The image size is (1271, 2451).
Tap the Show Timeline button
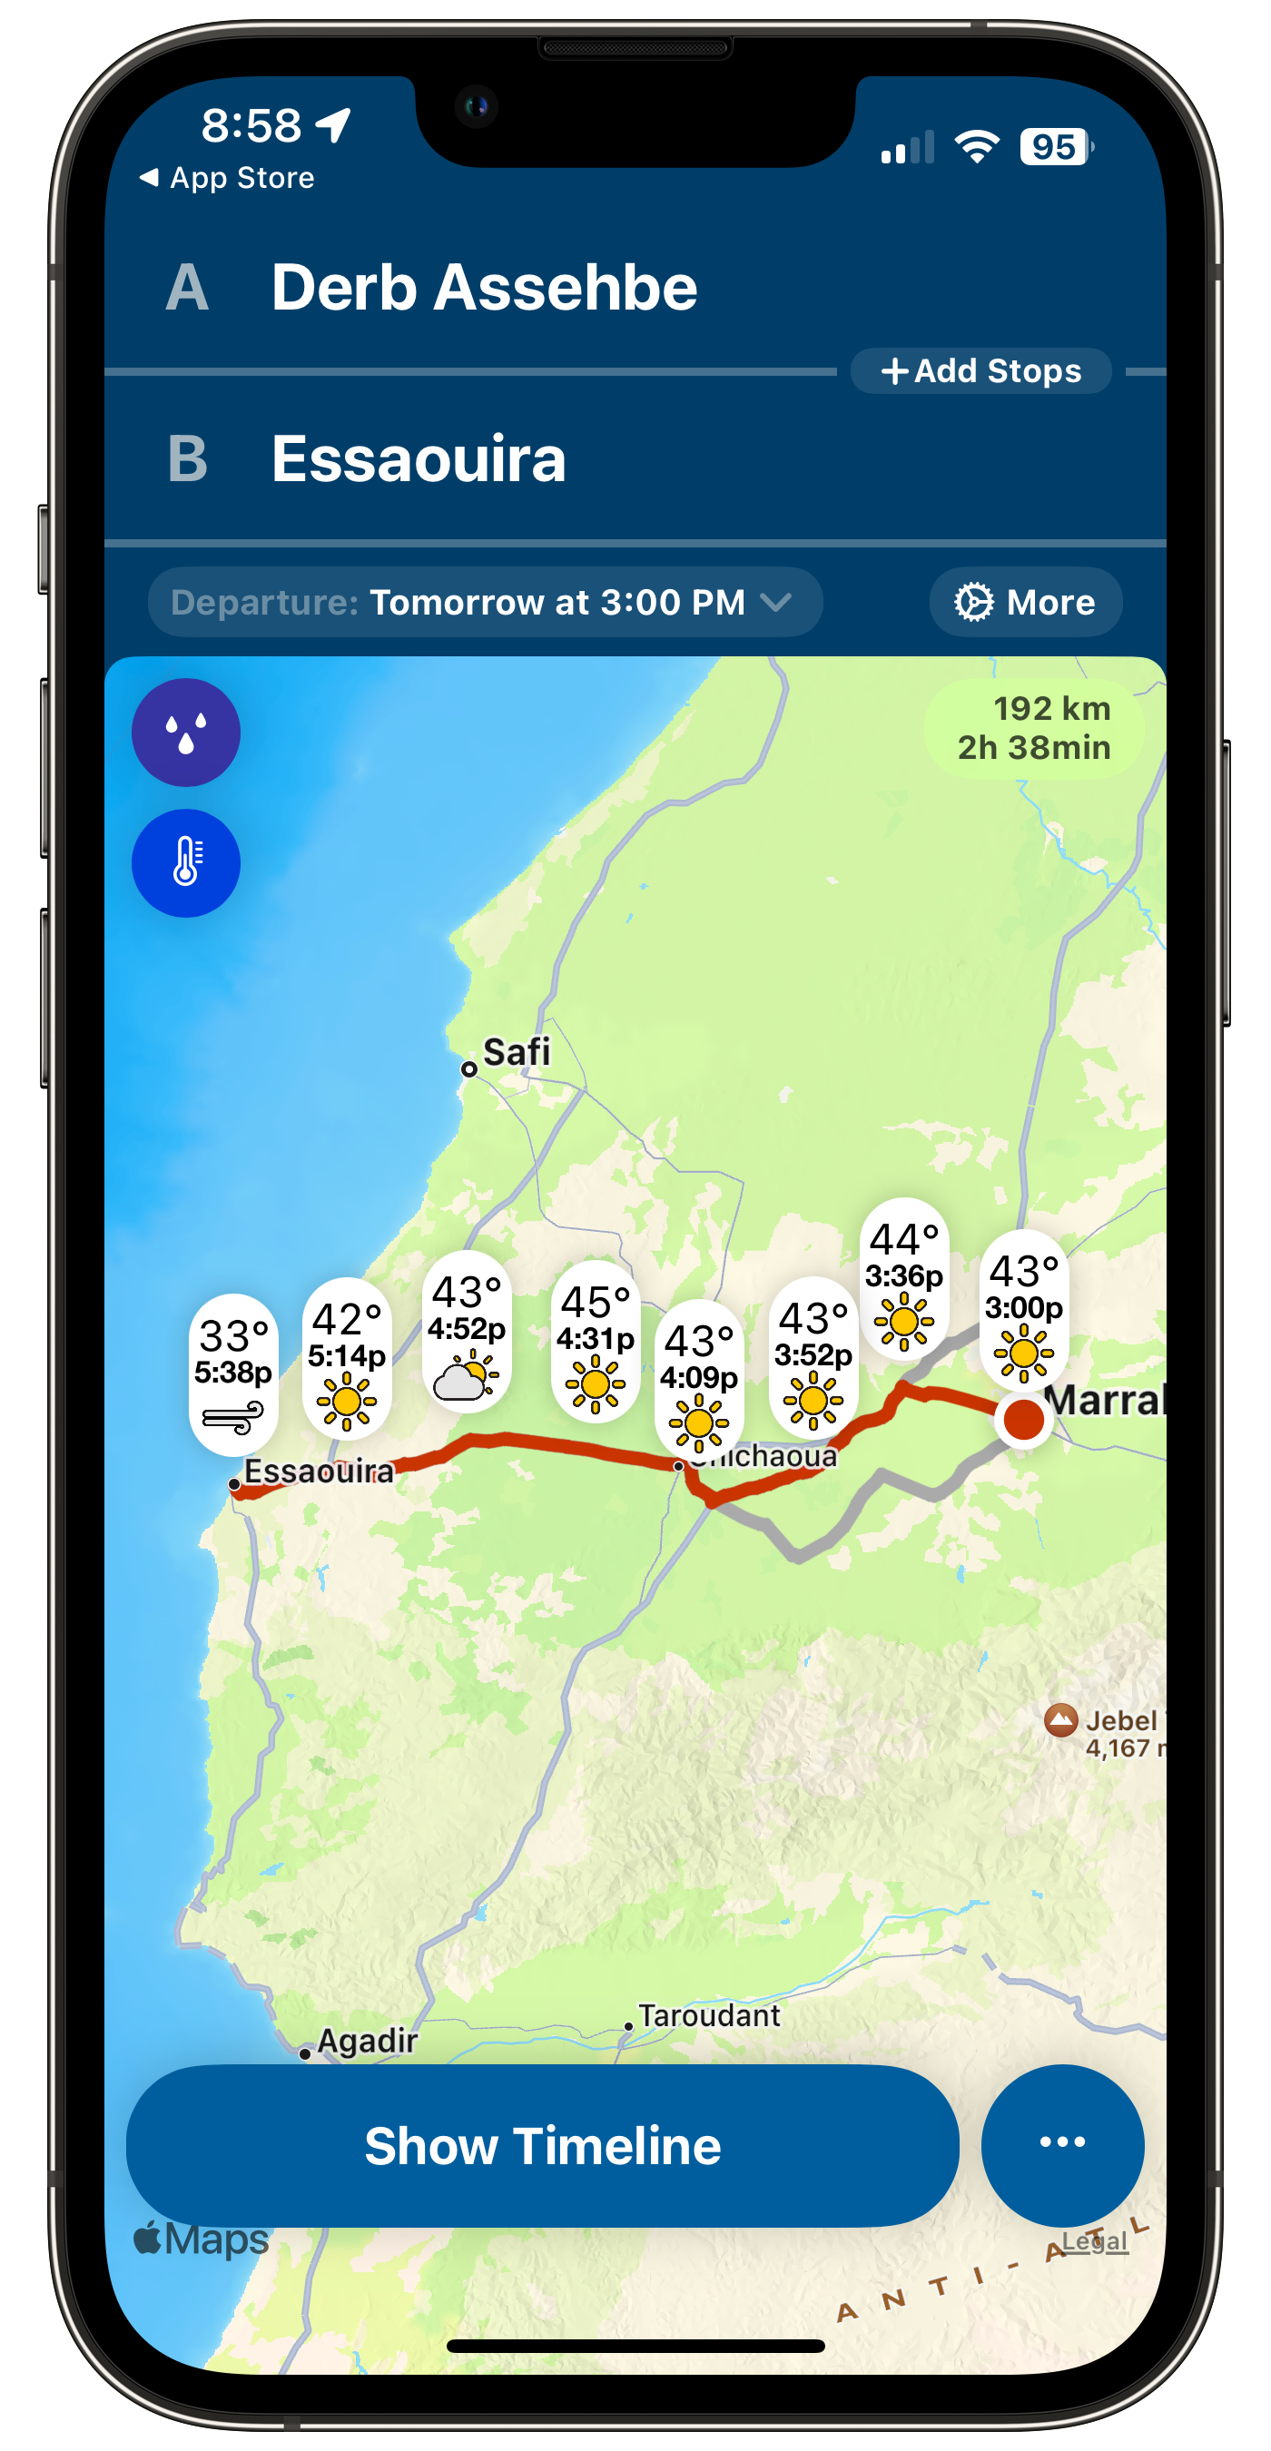(x=542, y=2146)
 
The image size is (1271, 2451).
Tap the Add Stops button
(x=980, y=371)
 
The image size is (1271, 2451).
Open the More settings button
(x=1026, y=602)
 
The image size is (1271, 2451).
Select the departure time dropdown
(x=485, y=602)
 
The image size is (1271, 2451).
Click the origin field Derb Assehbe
(x=484, y=288)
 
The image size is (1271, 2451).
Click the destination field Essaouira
(x=419, y=458)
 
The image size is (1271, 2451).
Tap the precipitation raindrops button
(x=185, y=733)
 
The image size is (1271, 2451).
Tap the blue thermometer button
(x=185, y=863)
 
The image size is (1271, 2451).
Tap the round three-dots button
(x=1061, y=2141)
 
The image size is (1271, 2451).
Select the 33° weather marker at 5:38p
(x=233, y=1373)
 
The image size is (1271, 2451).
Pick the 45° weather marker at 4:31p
(x=596, y=1340)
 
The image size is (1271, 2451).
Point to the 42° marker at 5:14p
(x=346, y=1357)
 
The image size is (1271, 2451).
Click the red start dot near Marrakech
(x=1024, y=1419)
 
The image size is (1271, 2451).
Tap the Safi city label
(x=516, y=1053)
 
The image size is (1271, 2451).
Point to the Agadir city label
(x=366, y=2040)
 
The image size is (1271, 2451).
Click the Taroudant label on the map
(x=709, y=2014)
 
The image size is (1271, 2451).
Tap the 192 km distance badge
(x=1034, y=728)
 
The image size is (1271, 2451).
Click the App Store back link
(x=228, y=178)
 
